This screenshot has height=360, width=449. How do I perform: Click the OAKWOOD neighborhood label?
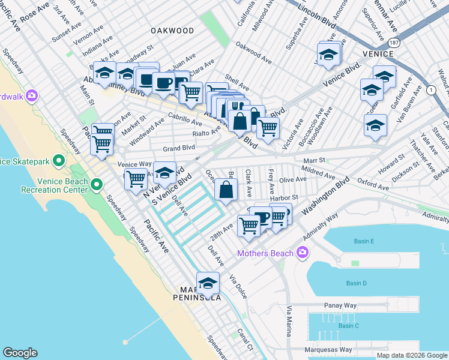click(172, 31)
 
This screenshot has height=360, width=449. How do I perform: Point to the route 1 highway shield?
click(430, 89)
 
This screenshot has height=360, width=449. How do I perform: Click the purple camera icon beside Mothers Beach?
click(301, 253)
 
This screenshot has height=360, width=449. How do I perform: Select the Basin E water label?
click(364, 241)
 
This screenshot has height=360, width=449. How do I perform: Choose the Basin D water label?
click(356, 283)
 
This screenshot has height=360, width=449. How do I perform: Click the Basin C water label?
click(348, 326)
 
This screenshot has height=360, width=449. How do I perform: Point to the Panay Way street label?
click(340, 305)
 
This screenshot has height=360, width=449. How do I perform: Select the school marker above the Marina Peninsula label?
click(208, 282)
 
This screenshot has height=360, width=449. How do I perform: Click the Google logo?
click(20, 352)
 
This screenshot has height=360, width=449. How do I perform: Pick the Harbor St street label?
click(284, 197)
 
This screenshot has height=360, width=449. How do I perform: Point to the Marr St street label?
click(313, 160)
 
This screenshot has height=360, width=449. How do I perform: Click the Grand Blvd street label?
click(179, 147)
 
